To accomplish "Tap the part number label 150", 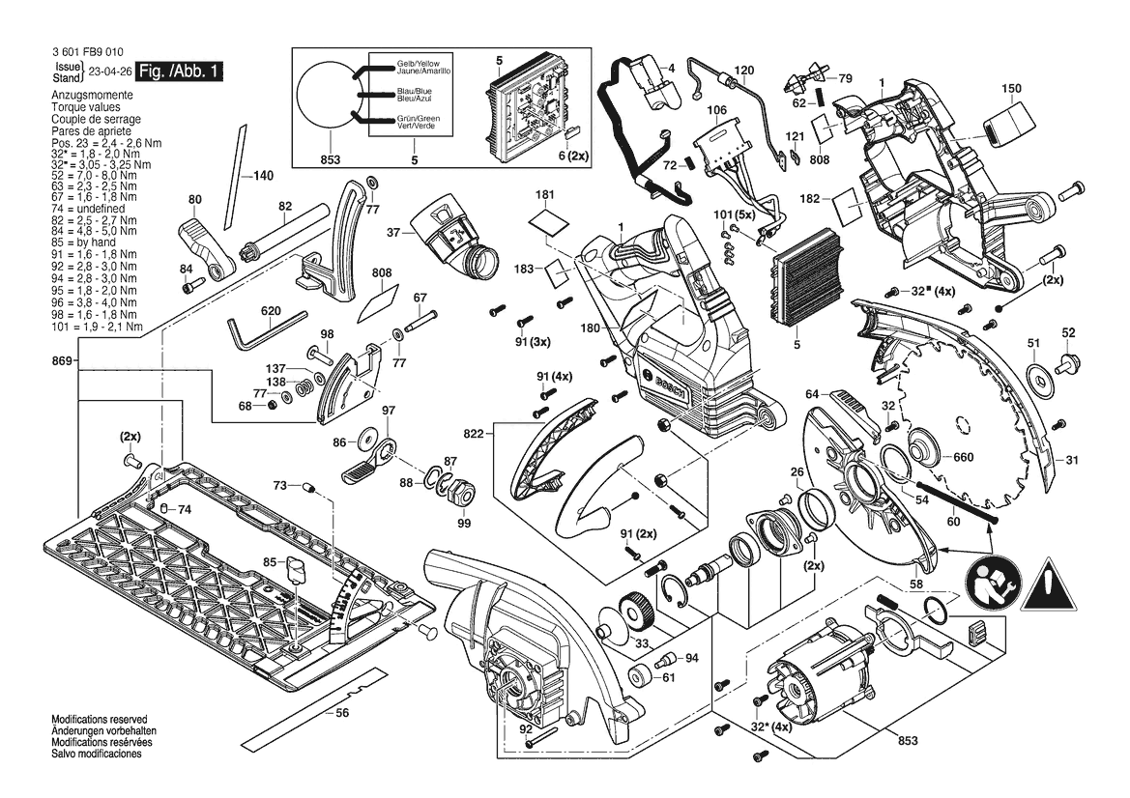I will pyautogui.click(x=1011, y=89).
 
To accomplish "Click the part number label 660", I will pyautogui.click(x=963, y=458).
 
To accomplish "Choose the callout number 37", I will pyautogui.click(x=393, y=233).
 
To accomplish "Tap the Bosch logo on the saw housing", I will pyautogui.click(x=670, y=386).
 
